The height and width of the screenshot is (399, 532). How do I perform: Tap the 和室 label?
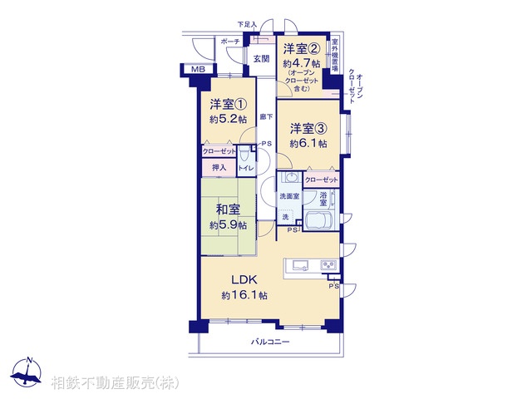(x=229, y=209)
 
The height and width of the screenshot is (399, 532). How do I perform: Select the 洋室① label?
(x=228, y=105)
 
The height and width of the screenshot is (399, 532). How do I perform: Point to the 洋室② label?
(x=300, y=47)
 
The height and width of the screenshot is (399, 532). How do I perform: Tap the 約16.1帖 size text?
(x=244, y=296)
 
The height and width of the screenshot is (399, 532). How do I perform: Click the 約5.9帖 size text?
(x=229, y=225)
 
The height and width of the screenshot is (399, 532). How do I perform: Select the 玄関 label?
(x=261, y=58)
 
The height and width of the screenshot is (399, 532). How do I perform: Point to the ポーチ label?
(x=230, y=42)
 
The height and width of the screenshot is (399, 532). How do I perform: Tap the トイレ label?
(x=246, y=169)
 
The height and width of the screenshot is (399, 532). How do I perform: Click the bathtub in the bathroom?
(x=321, y=222)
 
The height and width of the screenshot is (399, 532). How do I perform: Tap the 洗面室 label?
(x=288, y=196)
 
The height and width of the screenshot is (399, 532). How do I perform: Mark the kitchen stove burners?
(x=328, y=266)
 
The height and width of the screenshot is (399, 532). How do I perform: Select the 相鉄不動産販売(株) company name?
(x=115, y=384)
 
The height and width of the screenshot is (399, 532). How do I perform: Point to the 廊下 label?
(x=265, y=117)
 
